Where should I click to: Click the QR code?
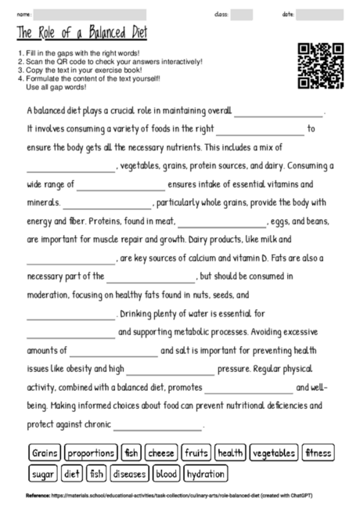coord(321,65)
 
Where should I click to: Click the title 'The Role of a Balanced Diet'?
coord(81,33)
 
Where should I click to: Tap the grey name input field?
coord(90,14)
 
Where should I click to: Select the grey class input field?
coord(242,14)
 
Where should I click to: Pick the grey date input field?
coord(319,14)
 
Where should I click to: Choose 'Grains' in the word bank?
coord(45,453)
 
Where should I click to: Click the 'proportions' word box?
coord(91,453)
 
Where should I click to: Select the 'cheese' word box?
coord(160,453)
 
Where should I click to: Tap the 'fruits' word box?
coord(196,453)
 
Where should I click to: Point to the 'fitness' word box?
coord(319,453)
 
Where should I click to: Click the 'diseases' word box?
coord(129,475)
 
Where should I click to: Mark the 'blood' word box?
coord(166,475)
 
